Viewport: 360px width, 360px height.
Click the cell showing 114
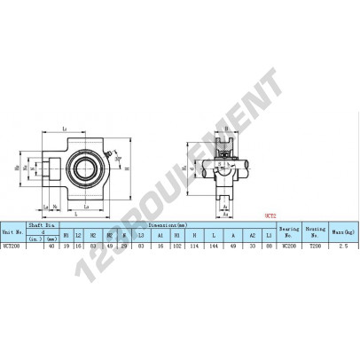[x=195, y=246]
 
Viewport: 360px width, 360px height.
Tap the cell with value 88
[x=269, y=246]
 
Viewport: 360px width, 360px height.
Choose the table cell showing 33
[x=252, y=246]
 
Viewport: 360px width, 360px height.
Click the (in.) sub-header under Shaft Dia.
[x=35, y=237]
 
